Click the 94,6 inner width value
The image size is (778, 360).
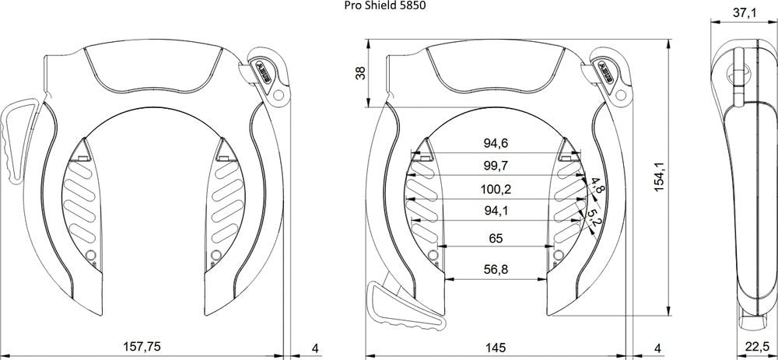coord(496,143)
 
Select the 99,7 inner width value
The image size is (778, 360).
coord(496,166)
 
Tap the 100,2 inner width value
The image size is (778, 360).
coord(496,188)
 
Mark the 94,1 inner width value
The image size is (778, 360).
coord(496,211)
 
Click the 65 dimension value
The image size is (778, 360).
coord(496,239)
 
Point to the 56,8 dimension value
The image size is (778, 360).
coord(496,269)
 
